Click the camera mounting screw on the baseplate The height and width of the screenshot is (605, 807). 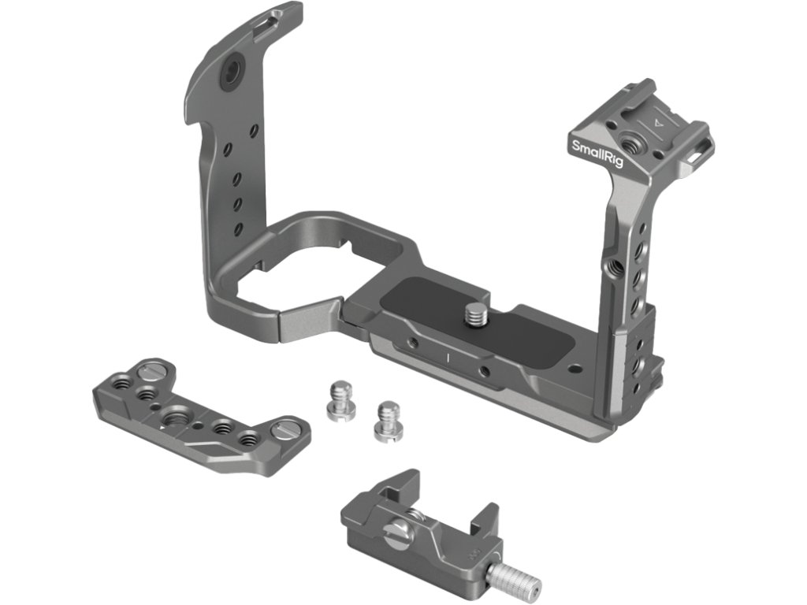click(x=474, y=314)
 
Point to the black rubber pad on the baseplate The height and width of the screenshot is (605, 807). click(x=474, y=321)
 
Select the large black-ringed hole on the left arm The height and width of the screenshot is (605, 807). click(x=231, y=69)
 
